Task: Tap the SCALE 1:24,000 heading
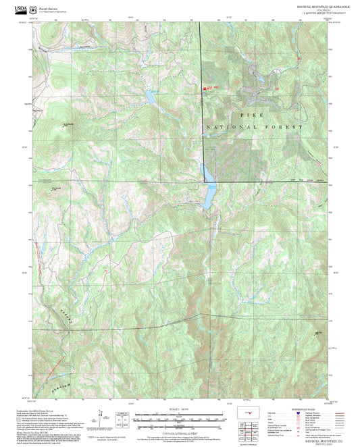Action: coord(178,411)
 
